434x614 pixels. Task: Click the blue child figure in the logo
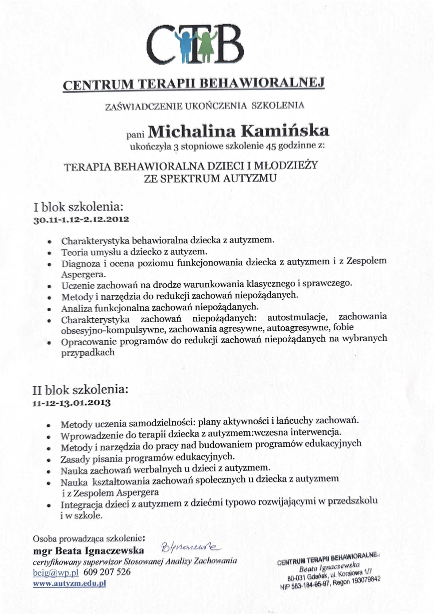pos(185,46)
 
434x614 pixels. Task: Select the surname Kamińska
pos(285,131)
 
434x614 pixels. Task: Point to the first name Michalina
pos(192,132)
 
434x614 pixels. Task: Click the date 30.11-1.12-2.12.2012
pos(81,220)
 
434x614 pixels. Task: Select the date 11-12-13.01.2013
pos(72,403)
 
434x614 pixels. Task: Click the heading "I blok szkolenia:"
pos(78,207)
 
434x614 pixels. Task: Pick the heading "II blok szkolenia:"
pos(80,390)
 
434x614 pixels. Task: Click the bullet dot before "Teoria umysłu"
pos(49,253)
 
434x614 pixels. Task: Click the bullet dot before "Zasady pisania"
pos(49,460)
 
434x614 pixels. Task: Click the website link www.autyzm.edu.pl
pos(69,583)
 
